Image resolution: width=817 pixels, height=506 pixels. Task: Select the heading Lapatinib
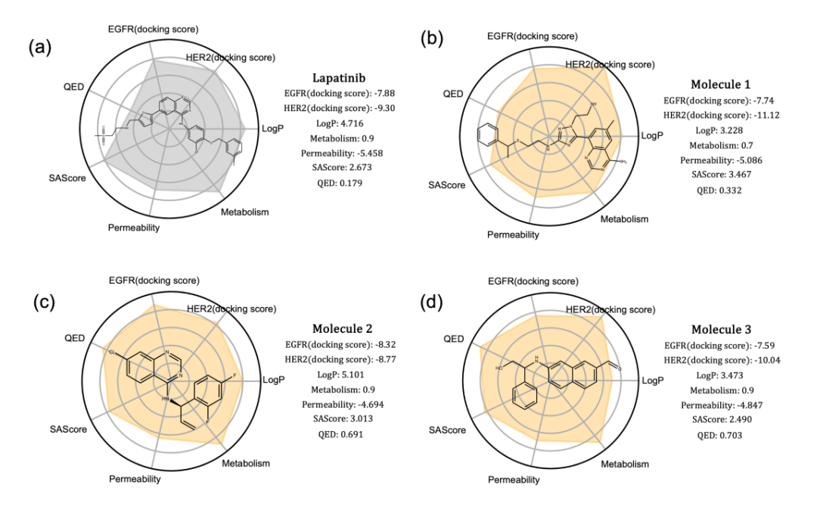340,78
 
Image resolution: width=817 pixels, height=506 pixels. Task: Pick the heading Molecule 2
340,329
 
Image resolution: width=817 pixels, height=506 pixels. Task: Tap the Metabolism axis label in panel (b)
624,219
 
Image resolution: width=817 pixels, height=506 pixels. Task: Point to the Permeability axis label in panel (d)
513,479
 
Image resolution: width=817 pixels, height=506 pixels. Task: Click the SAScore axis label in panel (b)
447,185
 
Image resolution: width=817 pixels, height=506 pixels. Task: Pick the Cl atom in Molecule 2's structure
111,352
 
